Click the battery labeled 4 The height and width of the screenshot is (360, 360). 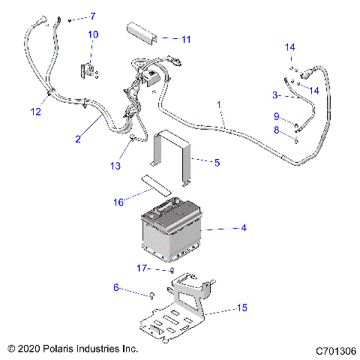tap(169, 229)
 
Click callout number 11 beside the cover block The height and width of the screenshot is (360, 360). tap(187, 38)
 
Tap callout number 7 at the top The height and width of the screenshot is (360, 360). tap(94, 16)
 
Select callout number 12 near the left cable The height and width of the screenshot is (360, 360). tap(35, 112)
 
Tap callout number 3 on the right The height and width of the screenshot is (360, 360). tap(275, 95)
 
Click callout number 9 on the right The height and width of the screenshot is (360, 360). tap(277, 115)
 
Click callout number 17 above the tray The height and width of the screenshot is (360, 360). tap(142, 268)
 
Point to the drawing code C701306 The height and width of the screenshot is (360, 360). tap(335, 350)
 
